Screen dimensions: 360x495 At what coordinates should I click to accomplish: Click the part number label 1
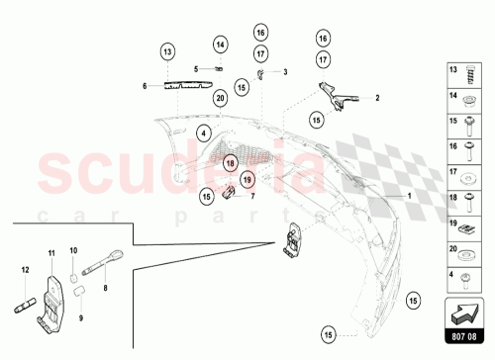tap(406, 196)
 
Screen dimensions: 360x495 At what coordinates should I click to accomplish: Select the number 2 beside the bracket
tap(376, 99)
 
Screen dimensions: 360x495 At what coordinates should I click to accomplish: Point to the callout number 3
tap(284, 72)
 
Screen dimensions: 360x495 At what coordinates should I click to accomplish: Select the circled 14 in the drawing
tap(220, 45)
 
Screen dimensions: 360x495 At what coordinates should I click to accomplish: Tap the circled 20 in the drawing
tap(219, 98)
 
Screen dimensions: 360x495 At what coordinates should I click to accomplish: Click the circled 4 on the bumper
tap(202, 132)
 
